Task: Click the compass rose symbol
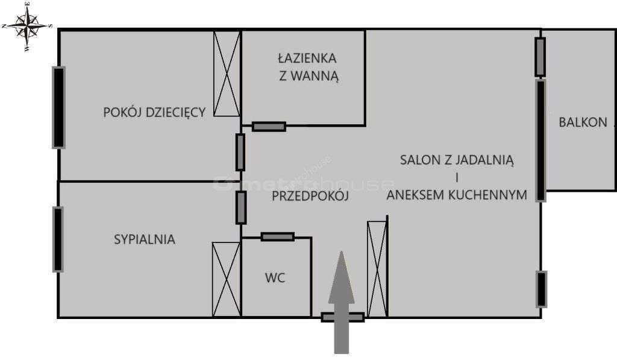click(27, 25)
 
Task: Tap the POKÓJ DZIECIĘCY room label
click(154, 112)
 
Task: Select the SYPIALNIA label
click(145, 239)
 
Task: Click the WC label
click(275, 277)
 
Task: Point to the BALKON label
click(583, 122)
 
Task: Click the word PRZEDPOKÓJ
click(310, 195)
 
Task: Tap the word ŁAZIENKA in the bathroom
click(307, 58)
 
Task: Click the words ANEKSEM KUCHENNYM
click(457, 195)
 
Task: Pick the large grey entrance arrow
click(342, 302)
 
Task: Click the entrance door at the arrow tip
click(342, 317)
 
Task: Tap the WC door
click(277, 237)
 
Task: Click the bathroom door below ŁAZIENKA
click(269, 127)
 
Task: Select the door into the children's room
click(240, 152)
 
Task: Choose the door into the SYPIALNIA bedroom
click(241, 207)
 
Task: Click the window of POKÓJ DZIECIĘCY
click(58, 107)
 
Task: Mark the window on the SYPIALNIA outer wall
click(58, 239)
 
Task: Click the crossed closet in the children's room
click(227, 74)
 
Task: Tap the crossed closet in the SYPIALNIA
click(226, 279)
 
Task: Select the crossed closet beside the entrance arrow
click(377, 269)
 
